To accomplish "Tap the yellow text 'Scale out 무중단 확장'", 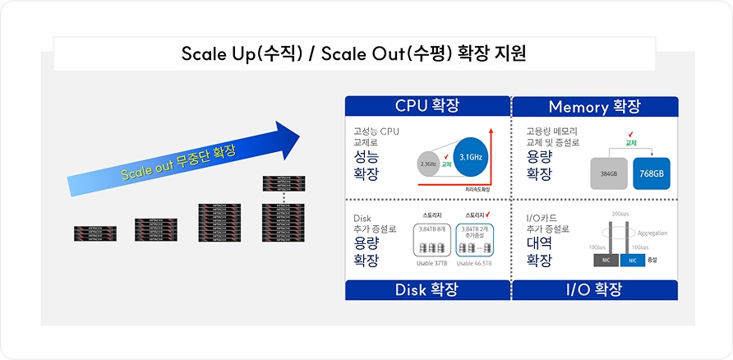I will pyautogui.click(x=177, y=162).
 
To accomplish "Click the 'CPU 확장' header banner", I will pyautogui.click(x=426, y=106).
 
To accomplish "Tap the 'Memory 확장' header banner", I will pyautogui.click(x=594, y=107).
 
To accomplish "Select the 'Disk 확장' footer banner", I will pyautogui.click(x=426, y=289).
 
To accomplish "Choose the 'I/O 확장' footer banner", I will pyautogui.click(x=594, y=289).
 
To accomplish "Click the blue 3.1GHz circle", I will pyautogui.click(x=470, y=157).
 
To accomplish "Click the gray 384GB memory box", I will pyautogui.click(x=609, y=174).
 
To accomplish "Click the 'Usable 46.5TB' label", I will pyautogui.click(x=474, y=263).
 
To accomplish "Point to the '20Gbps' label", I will pyautogui.click(x=621, y=214).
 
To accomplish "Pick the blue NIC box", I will pyautogui.click(x=632, y=260).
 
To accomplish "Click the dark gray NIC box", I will pyautogui.click(x=606, y=260).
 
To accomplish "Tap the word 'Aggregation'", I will pyautogui.click(x=652, y=233).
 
